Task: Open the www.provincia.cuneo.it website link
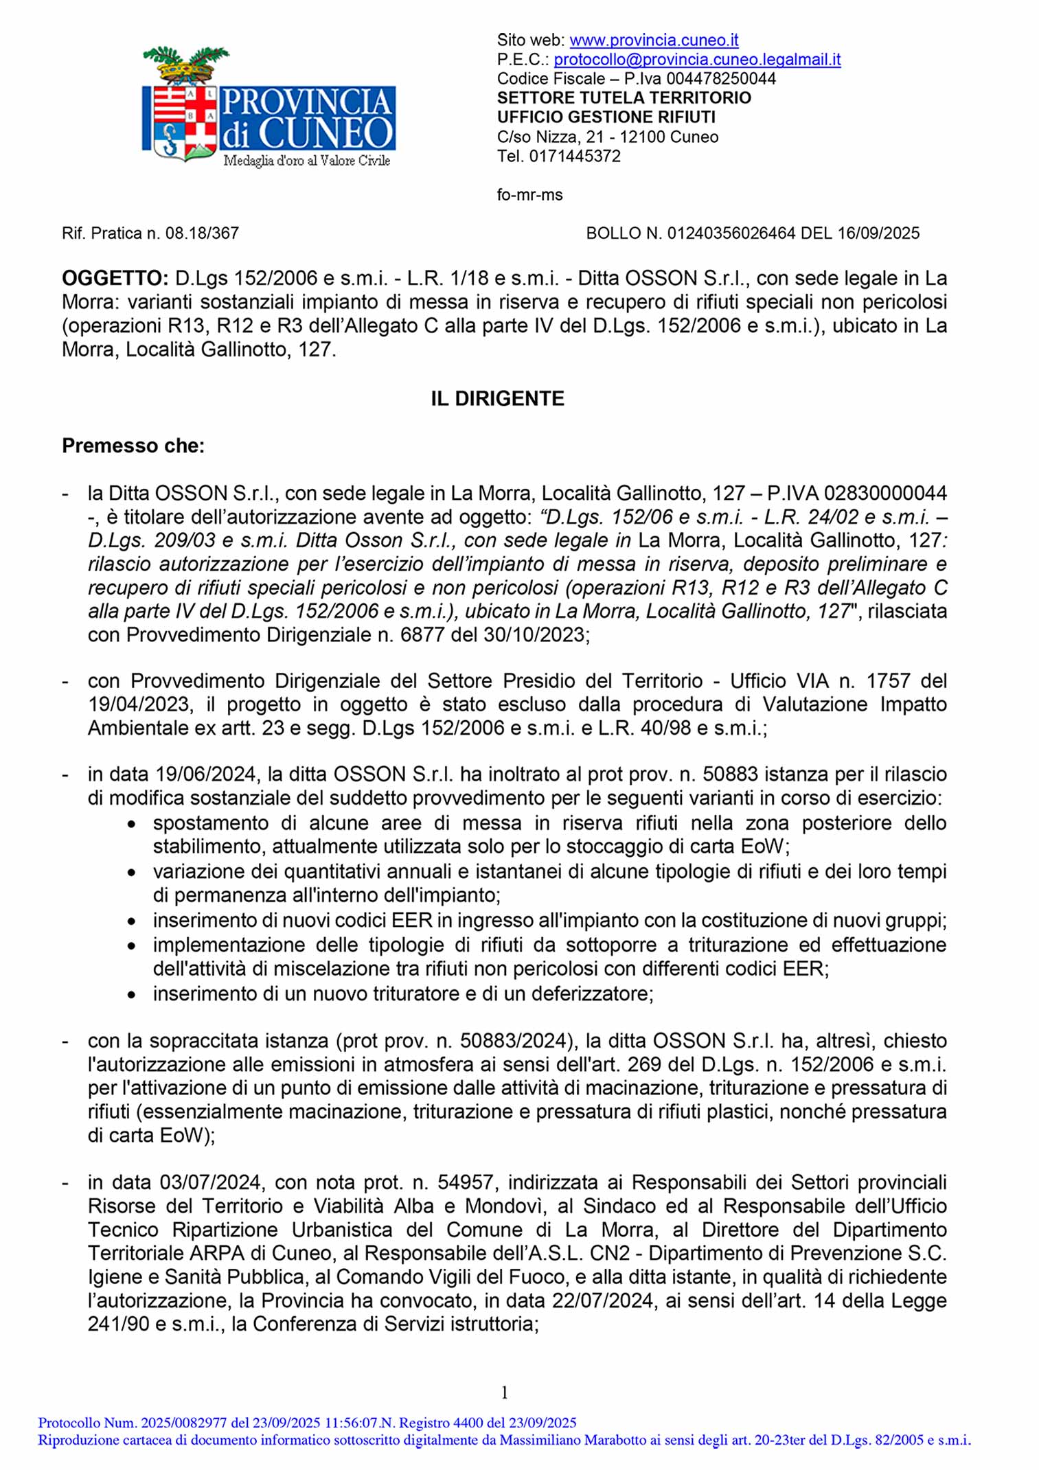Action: click(654, 40)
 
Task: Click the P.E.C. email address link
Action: click(697, 59)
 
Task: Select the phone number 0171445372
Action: click(575, 156)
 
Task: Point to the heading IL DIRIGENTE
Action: click(497, 398)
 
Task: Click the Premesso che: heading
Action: click(133, 446)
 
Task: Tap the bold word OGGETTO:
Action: click(115, 278)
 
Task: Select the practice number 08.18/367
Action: click(202, 233)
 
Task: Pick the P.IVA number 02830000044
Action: click(885, 493)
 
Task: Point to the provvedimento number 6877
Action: click(420, 634)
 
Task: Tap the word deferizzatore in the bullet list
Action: click(583, 994)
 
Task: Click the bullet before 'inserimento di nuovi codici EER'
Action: click(131, 921)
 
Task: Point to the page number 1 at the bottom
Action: click(505, 1392)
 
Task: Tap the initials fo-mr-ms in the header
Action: click(529, 195)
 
